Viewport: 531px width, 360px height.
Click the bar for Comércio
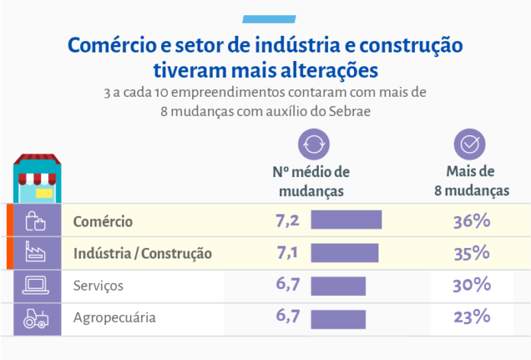point(346,220)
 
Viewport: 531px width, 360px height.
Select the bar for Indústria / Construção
point(344,252)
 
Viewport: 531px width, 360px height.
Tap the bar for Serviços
point(338,285)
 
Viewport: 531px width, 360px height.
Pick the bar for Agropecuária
point(338,317)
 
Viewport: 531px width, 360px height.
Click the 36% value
point(471,221)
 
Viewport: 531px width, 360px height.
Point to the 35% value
point(471,252)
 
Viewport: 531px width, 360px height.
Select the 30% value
point(471,285)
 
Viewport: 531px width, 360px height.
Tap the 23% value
point(471,317)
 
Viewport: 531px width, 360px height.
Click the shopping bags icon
point(36,221)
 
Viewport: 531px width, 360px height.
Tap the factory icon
point(36,252)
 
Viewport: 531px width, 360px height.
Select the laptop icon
point(36,285)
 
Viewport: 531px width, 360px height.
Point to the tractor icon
point(36,317)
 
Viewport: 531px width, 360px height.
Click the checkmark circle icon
point(470,143)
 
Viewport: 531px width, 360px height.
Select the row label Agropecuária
point(114,317)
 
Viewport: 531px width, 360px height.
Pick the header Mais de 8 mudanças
point(471,181)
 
